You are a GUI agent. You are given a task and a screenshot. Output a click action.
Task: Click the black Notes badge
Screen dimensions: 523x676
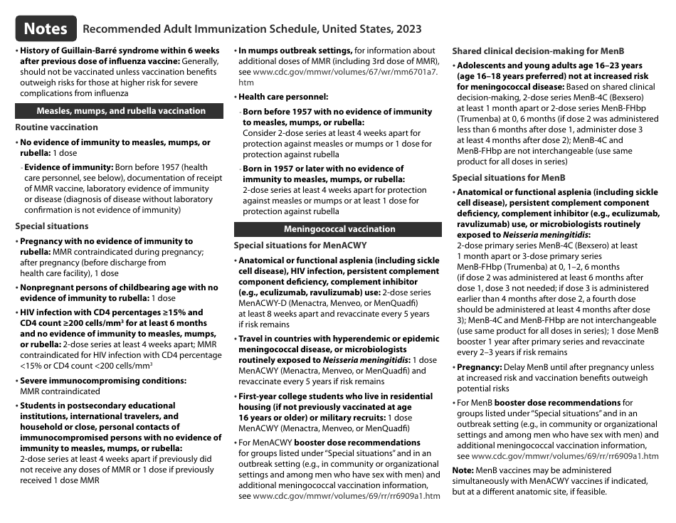coord(46,28)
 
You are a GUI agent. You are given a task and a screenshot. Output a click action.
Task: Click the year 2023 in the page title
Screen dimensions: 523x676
coord(406,29)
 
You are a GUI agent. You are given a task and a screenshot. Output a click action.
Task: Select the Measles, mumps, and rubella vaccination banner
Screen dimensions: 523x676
coord(120,111)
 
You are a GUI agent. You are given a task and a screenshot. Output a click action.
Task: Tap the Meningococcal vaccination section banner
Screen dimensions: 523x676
coord(339,229)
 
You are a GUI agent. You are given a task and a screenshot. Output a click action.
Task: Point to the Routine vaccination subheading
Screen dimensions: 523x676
coord(57,127)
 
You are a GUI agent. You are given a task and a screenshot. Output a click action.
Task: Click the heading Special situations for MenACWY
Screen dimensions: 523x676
coord(300,245)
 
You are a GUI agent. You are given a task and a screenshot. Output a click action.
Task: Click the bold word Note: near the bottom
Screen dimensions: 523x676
coord(463,470)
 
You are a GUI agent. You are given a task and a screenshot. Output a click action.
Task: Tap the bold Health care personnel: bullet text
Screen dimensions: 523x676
coord(283,97)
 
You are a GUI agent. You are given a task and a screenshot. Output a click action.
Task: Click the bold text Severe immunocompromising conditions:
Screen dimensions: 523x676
coord(103,381)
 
